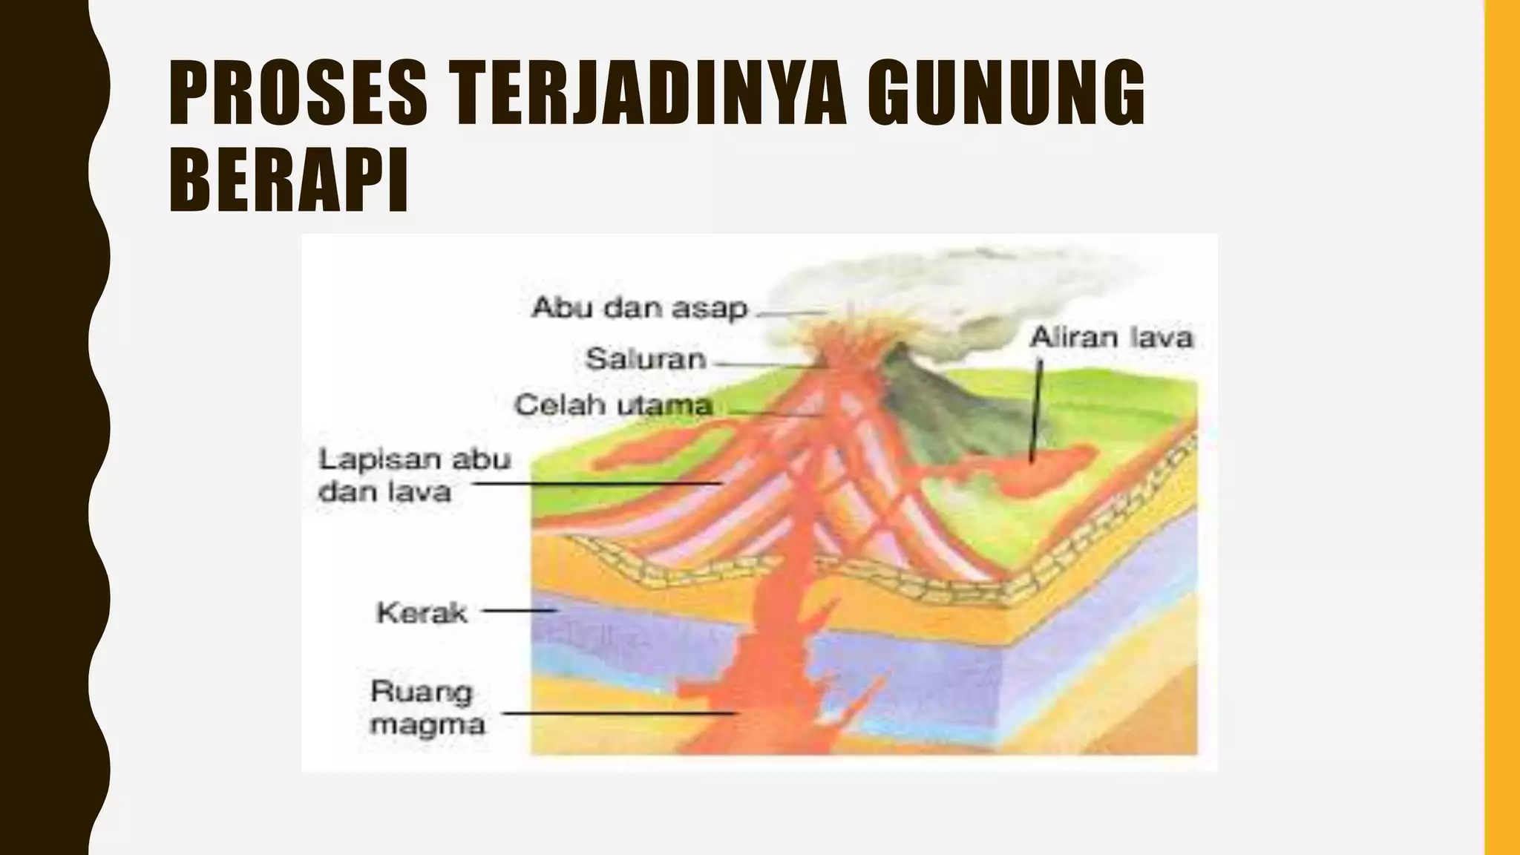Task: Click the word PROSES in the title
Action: [298, 93]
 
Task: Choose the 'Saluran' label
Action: [645, 360]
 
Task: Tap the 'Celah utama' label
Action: [614, 405]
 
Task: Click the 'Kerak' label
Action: [422, 613]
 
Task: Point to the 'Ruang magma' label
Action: [427, 708]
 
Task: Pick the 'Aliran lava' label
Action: [1111, 338]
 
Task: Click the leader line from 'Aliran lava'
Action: [1036, 408]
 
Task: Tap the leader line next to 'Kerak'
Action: [520, 612]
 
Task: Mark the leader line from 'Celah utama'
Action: [772, 413]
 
